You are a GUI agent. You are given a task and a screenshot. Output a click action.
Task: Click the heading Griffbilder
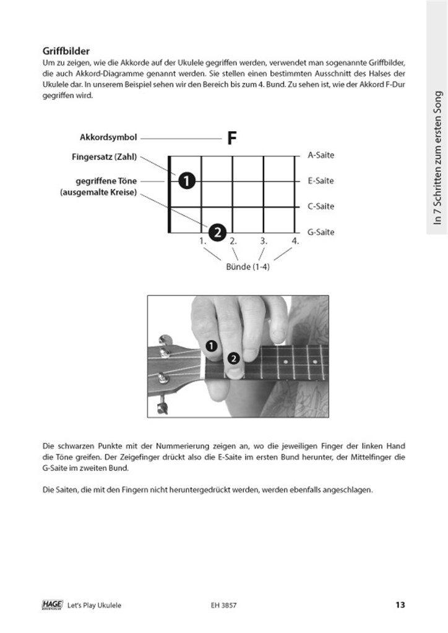[x=67, y=51]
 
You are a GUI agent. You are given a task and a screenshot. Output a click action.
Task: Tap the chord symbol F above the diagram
[x=232, y=138]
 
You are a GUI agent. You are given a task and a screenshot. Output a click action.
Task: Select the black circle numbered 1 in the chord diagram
[x=186, y=181]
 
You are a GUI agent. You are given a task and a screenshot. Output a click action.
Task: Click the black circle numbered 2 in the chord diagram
[x=217, y=232]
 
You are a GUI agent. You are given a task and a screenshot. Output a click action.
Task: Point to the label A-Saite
[x=321, y=155]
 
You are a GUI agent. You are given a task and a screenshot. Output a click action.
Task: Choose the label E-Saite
[x=321, y=181]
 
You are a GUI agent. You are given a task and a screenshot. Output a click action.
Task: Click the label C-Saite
[x=321, y=206]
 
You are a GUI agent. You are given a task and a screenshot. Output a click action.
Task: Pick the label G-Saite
[x=321, y=232]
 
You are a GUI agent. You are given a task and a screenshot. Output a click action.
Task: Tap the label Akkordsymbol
[x=108, y=137]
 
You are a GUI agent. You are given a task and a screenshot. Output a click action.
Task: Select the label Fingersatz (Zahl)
[x=105, y=156]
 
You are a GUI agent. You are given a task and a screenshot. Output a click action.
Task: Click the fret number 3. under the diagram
[x=264, y=241]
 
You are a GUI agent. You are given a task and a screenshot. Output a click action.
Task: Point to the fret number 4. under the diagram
[x=295, y=241]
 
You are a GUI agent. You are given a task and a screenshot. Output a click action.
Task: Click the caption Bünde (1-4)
[x=248, y=267]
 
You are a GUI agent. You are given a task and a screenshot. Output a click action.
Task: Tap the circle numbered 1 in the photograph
[x=212, y=346]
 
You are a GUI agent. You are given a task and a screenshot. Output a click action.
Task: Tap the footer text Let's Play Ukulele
[x=95, y=605]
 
